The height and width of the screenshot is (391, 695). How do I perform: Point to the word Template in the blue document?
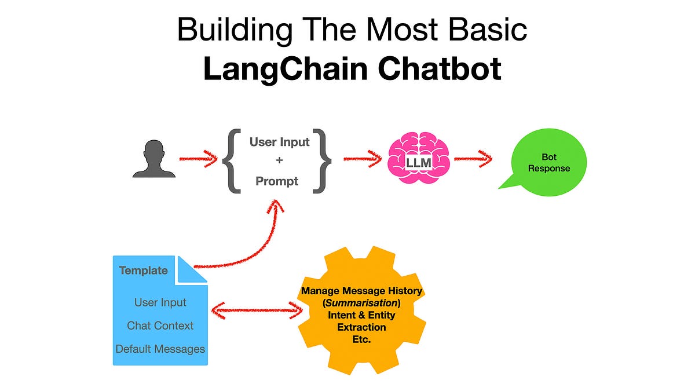click(x=144, y=271)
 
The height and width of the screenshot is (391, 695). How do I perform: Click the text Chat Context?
click(x=160, y=326)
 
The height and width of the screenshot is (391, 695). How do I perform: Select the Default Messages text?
click(x=160, y=349)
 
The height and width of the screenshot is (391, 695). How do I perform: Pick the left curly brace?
click(x=232, y=160)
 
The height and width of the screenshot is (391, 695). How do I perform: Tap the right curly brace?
click(x=323, y=160)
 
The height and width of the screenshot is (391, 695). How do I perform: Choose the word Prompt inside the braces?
click(x=277, y=181)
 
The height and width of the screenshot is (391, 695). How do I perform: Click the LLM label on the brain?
click(x=418, y=163)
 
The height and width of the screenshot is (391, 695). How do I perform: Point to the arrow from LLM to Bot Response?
click(x=473, y=159)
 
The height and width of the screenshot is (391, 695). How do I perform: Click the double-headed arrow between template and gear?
click(x=256, y=311)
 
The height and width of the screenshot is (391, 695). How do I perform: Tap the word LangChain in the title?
click(x=286, y=70)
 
